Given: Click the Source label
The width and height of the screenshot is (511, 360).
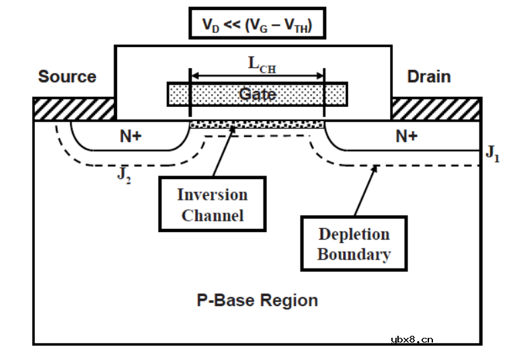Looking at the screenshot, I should click(x=67, y=77).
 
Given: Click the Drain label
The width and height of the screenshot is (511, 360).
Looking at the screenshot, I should click(x=429, y=77).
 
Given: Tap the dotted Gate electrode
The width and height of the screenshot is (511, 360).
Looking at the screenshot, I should click(x=258, y=94).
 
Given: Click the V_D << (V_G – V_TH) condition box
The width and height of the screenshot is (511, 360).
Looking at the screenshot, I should click(x=257, y=24).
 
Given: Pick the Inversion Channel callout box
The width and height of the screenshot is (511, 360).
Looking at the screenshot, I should click(x=212, y=205).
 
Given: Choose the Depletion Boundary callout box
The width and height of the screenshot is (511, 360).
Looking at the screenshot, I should click(x=354, y=244).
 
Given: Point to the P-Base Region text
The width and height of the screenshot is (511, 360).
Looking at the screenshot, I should click(x=257, y=300).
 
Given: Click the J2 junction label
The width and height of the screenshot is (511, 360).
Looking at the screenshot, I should click(x=123, y=176).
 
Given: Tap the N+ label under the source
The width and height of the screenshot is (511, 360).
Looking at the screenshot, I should click(x=130, y=137).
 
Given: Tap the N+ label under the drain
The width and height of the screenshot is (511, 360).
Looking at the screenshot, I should click(x=406, y=137).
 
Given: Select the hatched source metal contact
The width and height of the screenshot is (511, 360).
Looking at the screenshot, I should click(x=74, y=108).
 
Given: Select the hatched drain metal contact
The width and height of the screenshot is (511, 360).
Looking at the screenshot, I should click(x=436, y=108).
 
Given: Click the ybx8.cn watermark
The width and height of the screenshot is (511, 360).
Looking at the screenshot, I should click(x=411, y=339).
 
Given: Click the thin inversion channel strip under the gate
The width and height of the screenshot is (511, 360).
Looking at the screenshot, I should click(x=258, y=124).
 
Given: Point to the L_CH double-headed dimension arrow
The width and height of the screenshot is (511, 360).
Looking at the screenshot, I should click(x=258, y=75).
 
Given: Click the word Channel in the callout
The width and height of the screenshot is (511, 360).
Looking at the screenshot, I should click(x=212, y=216).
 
